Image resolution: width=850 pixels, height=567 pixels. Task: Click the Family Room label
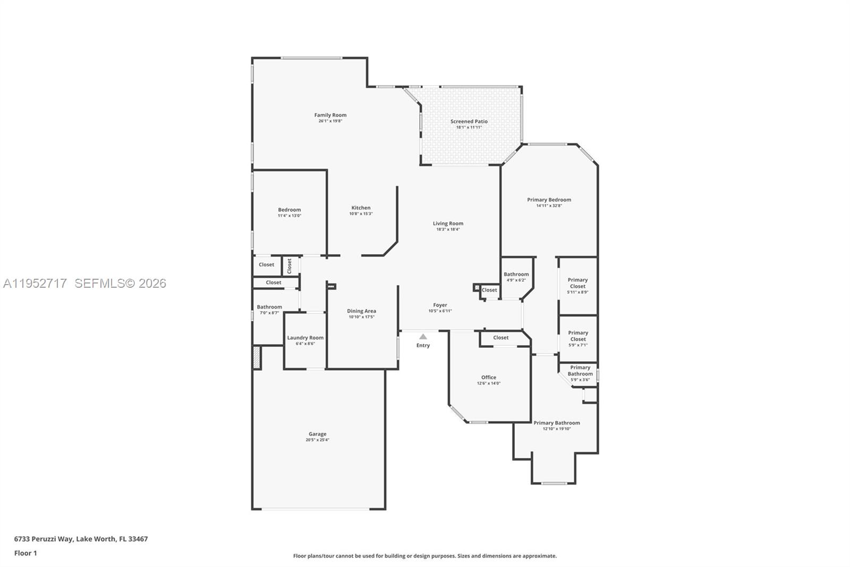click(x=330, y=115)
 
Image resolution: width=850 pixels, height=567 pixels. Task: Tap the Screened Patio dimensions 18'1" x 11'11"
click(x=469, y=128)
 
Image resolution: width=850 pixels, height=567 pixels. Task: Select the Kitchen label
click(x=361, y=208)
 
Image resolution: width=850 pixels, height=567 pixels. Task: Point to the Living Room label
click(x=448, y=223)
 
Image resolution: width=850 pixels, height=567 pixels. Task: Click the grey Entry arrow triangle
click(x=423, y=337)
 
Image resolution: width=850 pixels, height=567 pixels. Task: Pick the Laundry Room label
click(x=305, y=338)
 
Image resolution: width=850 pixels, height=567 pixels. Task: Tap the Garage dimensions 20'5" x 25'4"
click(x=317, y=440)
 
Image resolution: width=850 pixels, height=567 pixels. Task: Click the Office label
click(x=488, y=378)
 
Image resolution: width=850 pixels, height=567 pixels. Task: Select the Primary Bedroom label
click(x=549, y=200)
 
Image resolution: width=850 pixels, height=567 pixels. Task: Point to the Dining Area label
click(x=361, y=311)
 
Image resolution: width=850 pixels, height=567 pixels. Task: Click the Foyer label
click(x=440, y=305)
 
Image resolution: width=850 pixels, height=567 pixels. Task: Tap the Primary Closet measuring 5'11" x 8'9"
click(x=577, y=286)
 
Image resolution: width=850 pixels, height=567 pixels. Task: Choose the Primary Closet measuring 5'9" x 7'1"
click(x=578, y=338)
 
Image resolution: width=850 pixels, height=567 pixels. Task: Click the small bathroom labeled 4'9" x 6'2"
click(x=516, y=277)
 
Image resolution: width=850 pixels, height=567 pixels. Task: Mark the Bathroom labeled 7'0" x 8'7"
click(x=269, y=310)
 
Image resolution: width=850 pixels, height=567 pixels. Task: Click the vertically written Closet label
click(x=289, y=266)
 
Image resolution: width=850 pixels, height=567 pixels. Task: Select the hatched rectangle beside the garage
click(x=257, y=357)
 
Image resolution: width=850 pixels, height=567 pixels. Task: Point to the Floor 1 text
click(x=25, y=553)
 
